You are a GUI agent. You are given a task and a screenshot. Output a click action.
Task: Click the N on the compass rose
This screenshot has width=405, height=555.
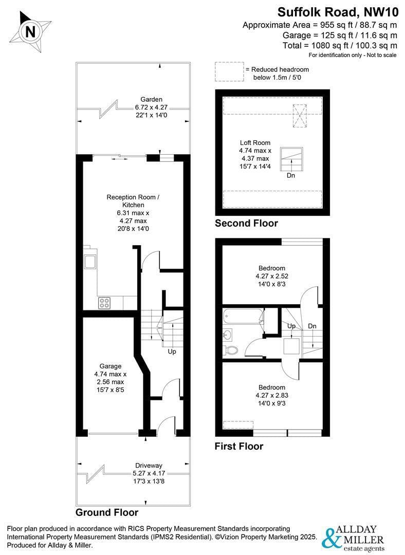tap(31, 32)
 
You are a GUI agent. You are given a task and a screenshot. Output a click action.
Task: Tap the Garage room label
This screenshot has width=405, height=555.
tap(111, 366)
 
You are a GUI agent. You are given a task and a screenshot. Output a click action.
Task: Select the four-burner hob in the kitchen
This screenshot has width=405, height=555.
tap(104, 303)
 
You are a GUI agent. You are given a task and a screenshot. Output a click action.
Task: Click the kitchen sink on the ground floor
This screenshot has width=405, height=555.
tap(89, 261)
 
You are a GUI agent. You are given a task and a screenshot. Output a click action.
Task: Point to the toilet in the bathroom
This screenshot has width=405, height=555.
tap(231, 350)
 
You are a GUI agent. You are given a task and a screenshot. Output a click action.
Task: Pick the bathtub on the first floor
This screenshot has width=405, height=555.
tap(243, 317)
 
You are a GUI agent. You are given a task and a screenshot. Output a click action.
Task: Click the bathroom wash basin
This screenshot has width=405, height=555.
tap(228, 334)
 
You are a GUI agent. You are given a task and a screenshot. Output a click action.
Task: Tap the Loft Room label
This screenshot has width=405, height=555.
tap(255, 143)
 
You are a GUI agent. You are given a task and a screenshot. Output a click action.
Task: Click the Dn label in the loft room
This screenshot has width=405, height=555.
tap(291, 175)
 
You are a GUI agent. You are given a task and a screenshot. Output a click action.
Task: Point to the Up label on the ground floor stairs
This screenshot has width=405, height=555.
tap(172, 351)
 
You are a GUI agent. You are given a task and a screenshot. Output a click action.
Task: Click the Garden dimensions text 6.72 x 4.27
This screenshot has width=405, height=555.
tap(151, 107)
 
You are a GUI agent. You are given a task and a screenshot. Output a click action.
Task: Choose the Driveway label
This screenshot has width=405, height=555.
tap(149, 466)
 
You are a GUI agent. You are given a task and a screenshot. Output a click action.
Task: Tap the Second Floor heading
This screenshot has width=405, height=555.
tap(246, 224)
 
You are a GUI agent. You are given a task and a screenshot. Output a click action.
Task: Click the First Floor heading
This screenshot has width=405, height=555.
tap(239, 446)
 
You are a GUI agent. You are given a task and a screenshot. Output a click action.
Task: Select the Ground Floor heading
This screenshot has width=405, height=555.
tap(107, 512)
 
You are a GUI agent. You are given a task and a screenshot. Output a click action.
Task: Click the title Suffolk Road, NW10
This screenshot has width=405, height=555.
tap(338, 12)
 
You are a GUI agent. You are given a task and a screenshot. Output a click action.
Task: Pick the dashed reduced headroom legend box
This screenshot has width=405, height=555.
tap(229, 72)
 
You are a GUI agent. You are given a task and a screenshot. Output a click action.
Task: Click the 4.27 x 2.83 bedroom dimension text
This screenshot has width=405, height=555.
tap(272, 395)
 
